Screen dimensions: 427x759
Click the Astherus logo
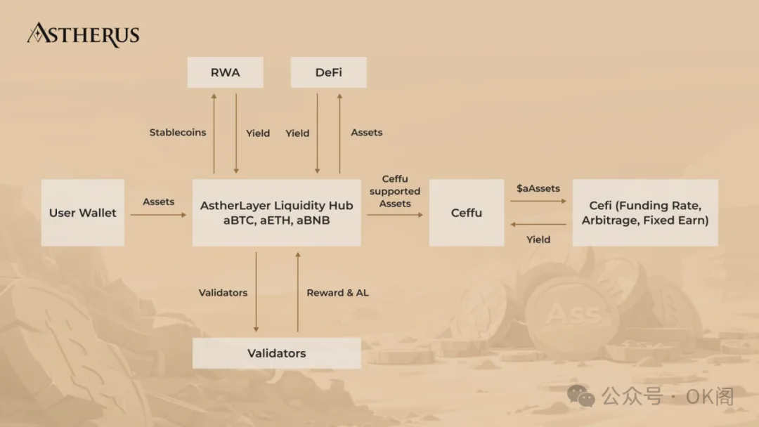coord(83,34)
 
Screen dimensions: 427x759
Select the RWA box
coord(225,72)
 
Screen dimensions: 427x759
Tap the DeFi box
coord(328,72)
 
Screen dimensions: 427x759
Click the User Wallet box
coord(83,213)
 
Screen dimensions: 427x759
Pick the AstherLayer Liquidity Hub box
coord(277,213)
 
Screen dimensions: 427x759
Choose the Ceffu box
coord(467,213)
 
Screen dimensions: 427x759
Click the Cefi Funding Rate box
coord(645,213)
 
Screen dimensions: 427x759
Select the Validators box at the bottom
coord(277,353)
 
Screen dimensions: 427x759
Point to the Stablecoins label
coord(178,132)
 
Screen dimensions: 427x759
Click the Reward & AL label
coord(337,293)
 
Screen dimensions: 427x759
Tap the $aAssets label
coord(538,188)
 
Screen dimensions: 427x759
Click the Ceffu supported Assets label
coord(395,191)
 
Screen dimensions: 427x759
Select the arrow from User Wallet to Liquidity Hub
coord(158,215)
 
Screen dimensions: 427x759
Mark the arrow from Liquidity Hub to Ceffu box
coord(395,215)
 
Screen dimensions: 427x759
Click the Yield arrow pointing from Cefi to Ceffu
coord(538,225)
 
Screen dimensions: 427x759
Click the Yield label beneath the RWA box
coord(258,133)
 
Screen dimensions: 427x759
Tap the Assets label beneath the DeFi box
coord(367,132)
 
